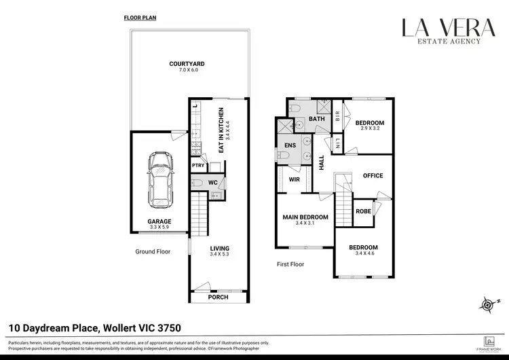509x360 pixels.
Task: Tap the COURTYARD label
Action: click(x=187, y=64)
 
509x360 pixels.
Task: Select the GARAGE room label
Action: click(x=159, y=221)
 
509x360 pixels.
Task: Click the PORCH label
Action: click(x=218, y=298)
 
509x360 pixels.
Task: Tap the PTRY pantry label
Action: click(x=197, y=165)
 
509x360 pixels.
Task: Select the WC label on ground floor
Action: click(x=212, y=183)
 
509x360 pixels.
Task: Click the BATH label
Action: click(x=317, y=119)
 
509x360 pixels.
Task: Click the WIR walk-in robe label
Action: click(x=294, y=180)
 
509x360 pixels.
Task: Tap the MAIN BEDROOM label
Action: click(x=305, y=217)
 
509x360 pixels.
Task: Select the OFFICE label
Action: click(x=373, y=175)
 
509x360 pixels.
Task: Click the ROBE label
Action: click(x=363, y=211)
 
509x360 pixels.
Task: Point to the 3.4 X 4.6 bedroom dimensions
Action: click(x=363, y=253)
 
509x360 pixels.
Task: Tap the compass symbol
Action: click(x=487, y=304)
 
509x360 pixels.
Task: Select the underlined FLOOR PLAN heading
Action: click(x=140, y=18)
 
